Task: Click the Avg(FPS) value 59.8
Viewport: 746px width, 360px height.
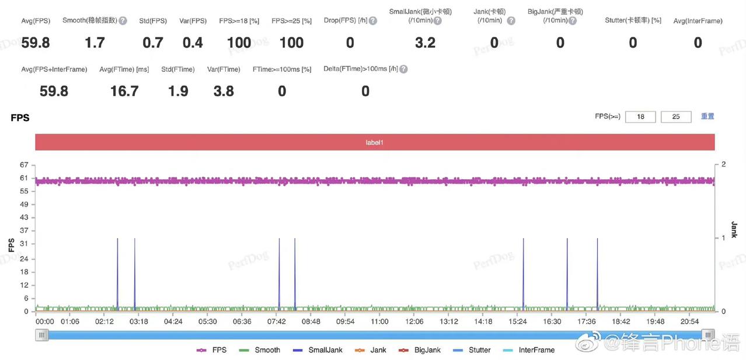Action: coord(35,43)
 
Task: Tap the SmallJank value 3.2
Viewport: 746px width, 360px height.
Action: coord(425,43)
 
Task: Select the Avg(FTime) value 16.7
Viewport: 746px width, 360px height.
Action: coord(124,91)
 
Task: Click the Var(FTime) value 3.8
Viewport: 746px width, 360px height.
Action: coord(224,91)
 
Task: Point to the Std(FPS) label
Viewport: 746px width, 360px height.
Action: coord(153,20)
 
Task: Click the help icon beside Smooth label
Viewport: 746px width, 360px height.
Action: coord(123,20)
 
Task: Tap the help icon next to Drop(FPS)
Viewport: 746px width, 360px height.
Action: coord(373,20)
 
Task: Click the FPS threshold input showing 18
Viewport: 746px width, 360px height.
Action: coord(640,117)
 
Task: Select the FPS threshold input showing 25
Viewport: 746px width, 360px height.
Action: coord(676,117)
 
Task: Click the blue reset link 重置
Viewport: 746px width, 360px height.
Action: coord(707,116)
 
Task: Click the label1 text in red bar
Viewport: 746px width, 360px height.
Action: coord(374,142)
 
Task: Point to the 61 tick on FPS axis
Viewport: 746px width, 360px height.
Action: coord(24,178)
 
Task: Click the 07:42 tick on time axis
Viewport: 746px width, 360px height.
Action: coord(277,321)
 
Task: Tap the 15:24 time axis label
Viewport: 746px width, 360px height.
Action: coord(518,321)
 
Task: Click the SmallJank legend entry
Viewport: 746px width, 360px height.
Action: coord(318,350)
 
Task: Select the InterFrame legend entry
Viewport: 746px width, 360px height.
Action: coord(528,350)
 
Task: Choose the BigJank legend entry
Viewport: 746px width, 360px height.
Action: coord(419,350)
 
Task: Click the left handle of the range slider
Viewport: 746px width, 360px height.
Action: coord(41,335)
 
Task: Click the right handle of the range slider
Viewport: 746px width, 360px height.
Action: coord(708,335)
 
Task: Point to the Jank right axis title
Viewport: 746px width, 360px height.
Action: coord(734,229)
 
